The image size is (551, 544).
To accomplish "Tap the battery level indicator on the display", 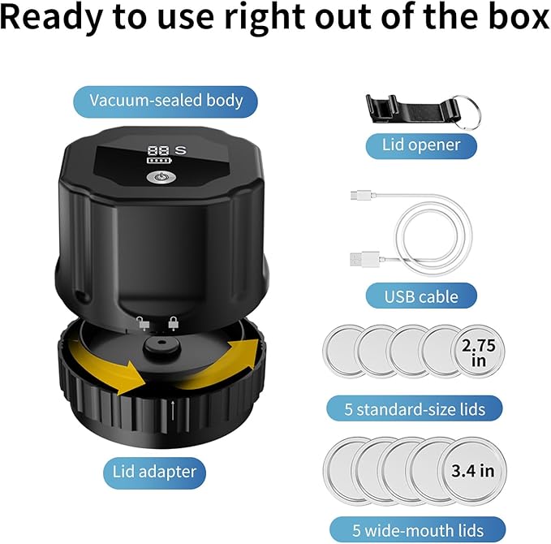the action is (160, 161).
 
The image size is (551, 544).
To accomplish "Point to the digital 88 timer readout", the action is (159, 151).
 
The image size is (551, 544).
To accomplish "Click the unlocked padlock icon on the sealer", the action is (143, 323).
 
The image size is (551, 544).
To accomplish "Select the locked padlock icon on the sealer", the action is (173, 323).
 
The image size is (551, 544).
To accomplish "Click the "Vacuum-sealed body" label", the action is (166, 101).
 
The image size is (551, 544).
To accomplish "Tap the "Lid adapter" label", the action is (154, 473).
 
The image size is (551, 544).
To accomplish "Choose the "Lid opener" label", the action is (421, 145).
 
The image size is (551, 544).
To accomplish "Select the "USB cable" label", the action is (421, 296).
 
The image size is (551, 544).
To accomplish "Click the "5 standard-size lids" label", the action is (415, 409).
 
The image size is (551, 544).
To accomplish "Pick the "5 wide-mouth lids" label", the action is (417, 530).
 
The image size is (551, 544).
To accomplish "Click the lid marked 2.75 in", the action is (478, 352).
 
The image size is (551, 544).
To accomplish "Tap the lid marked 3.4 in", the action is (472, 471).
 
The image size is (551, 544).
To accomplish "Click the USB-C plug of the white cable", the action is (361, 195).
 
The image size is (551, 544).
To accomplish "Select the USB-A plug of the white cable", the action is (364, 259).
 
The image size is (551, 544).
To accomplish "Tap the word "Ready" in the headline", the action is (52, 19).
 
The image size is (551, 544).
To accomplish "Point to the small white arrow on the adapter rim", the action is (173, 410).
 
